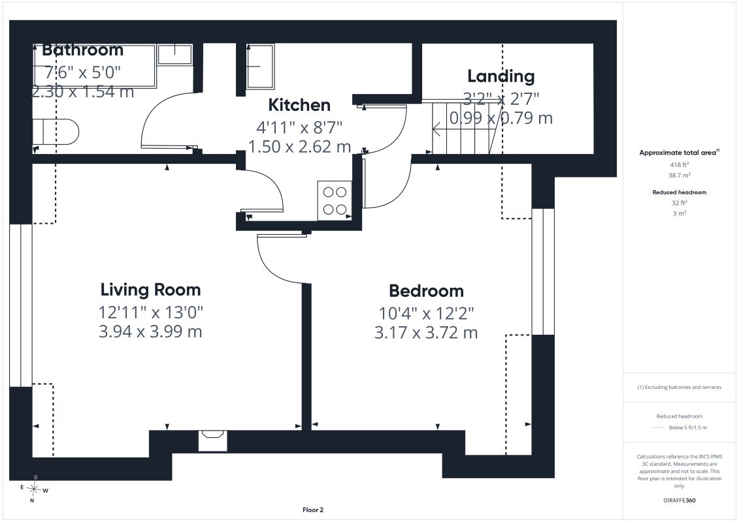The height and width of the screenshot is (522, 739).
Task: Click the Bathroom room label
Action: [82, 50]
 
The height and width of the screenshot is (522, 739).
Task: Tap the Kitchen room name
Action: [299, 105]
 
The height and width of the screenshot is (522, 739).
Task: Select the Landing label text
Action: [501, 76]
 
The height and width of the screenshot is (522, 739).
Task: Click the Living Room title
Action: [150, 290]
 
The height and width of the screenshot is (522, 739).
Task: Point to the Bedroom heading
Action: [426, 291]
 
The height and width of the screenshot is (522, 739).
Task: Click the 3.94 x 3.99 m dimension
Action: [150, 331]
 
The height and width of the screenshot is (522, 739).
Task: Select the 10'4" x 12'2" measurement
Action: [427, 313]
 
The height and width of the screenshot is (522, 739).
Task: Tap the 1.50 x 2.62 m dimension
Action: [299, 147]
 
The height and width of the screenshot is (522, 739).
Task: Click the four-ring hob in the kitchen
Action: [335, 200]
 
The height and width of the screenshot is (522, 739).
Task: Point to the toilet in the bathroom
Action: [56, 132]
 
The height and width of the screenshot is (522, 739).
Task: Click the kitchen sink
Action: [259, 67]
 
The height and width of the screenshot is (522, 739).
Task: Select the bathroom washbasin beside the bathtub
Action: [174, 54]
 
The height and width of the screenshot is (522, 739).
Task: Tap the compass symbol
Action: [33, 489]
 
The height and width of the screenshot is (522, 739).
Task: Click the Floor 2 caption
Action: [313, 510]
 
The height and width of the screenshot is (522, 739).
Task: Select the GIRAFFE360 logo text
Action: [679, 500]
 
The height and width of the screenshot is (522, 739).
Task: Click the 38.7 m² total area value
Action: [679, 175]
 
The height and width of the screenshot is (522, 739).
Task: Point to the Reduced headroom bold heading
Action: [679, 192]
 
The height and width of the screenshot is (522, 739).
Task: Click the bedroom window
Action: [543, 271]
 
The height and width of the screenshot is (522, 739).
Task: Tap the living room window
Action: [21, 305]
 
